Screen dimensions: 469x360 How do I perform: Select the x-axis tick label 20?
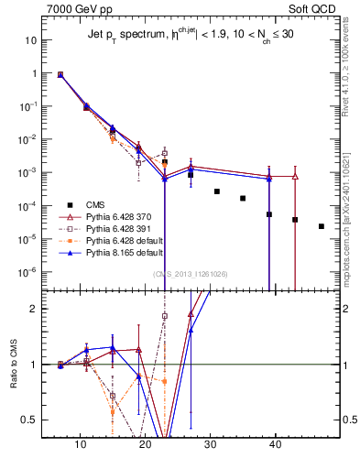tap(145, 444)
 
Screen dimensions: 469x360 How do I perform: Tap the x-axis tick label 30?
tap(210, 444)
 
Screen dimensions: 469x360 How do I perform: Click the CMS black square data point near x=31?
tap(217, 191)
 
